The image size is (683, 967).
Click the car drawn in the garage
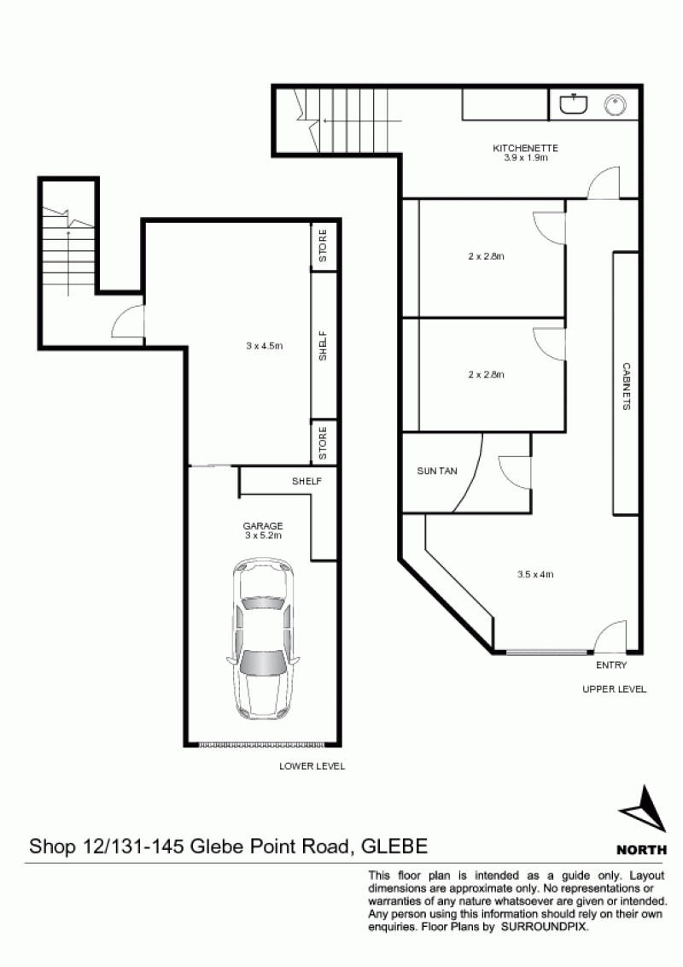(x=264, y=640)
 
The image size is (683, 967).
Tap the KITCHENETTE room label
(x=525, y=148)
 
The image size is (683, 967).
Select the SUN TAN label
(x=437, y=472)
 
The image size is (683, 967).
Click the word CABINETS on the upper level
(x=626, y=386)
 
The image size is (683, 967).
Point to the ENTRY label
(x=611, y=665)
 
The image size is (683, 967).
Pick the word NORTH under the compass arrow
(x=642, y=850)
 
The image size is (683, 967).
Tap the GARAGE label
(x=263, y=526)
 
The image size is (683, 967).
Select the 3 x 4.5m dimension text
(x=264, y=346)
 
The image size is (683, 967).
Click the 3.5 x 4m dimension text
(x=535, y=574)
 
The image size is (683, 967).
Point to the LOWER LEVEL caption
(x=312, y=766)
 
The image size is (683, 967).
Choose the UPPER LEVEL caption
(x=614, y=689)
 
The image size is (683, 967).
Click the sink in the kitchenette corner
(x=574, y=103)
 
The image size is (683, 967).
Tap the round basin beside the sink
(x=616, y=105)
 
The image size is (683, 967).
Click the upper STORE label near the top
(x=323, y=245)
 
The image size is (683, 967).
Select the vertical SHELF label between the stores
(x=323, y=346)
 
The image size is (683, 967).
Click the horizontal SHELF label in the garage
(x=306, y=481)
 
